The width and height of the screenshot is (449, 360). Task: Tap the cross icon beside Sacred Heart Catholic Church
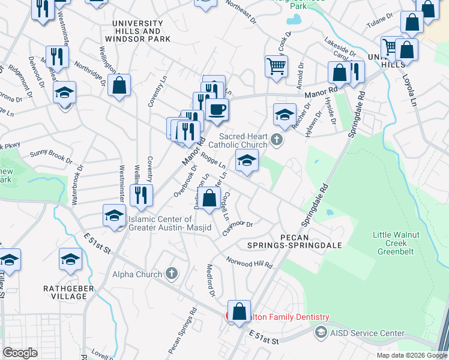pyautogui.click(x=276, y=140)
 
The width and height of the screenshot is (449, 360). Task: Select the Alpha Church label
pyautogui.click(x=137, y=274)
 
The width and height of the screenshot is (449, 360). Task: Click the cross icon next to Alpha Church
pyautogui.click(x=172, y=274)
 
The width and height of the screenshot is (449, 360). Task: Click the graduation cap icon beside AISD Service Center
pyautogui.click(x=321, y=332)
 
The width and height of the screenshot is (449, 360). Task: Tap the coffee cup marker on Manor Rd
pyautogui.click(x=217, y=110)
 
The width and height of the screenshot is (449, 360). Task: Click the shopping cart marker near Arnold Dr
pyautogui.click(x=276, y=67)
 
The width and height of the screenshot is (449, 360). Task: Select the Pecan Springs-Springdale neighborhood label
pyautogui.click(x=294, y=241)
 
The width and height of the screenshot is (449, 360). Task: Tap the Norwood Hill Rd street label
pyautogui.click(x=249, y=262)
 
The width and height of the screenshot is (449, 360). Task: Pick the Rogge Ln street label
pyautogui.click(x=213, y=161)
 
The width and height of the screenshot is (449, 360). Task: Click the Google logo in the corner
pyautogui.click(x=20, y=353)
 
